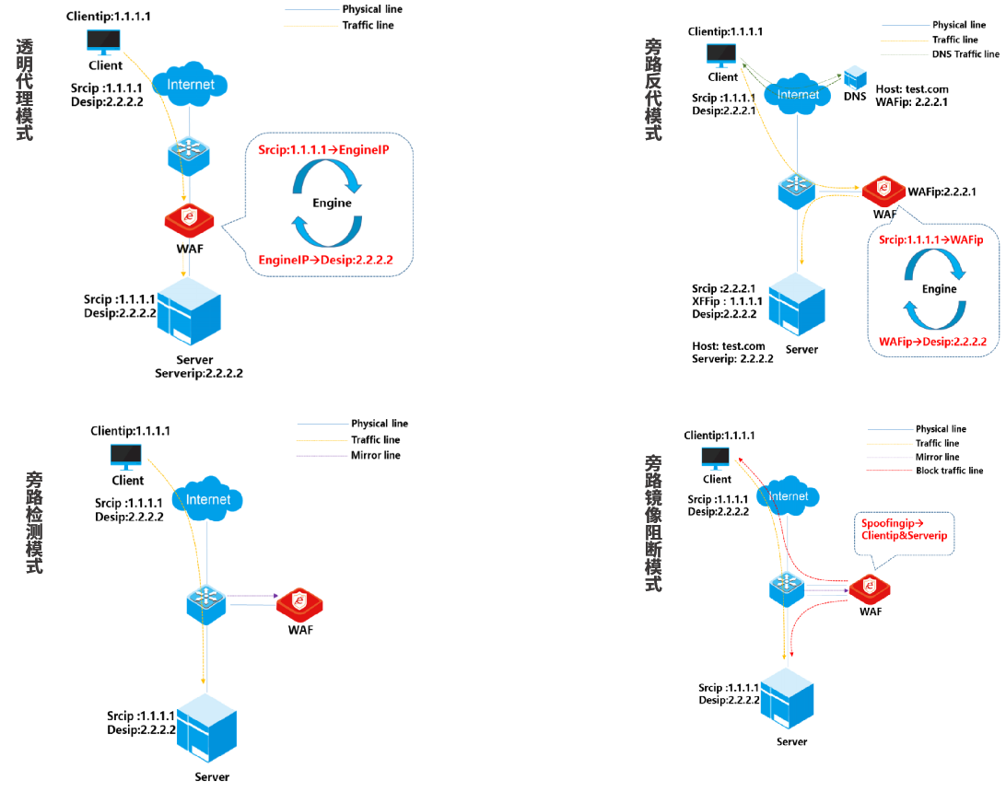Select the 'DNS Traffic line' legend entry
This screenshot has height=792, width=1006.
tap(965, 54)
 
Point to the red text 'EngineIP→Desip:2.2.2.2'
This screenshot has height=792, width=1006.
tap(325, 261)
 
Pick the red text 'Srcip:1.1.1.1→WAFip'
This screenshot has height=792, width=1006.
tap(931, 240)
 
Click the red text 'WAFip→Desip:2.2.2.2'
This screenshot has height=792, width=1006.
tap(932, 342)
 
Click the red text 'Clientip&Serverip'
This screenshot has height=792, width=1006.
tap(904, 535)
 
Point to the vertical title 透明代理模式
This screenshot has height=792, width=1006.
tap(24, 89)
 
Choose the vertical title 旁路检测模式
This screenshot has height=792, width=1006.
tap(34, 522)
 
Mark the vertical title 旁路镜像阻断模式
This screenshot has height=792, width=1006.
tap(653, 522)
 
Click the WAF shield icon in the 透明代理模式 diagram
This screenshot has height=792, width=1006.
tap(189, 219)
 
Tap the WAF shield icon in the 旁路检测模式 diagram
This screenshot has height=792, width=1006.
tap(299, 603)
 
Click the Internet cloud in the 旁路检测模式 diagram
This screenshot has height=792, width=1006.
tap(208, 500)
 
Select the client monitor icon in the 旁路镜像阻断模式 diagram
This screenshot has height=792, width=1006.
tap(716, 458)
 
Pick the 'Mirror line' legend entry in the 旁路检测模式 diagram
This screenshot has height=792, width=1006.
tap(376, 455)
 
